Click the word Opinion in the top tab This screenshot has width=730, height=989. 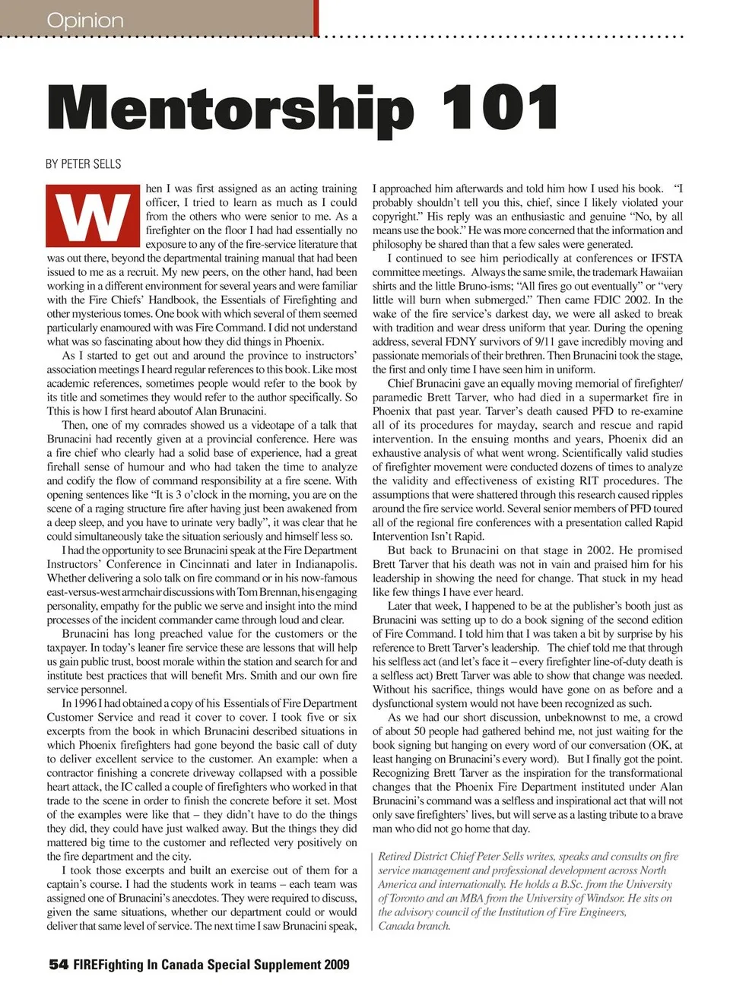(x=84, y=20)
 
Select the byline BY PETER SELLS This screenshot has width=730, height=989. (x=83, y=163)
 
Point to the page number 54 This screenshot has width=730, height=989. (x=58, y=965)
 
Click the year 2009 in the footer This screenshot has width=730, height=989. (x=336, y=965)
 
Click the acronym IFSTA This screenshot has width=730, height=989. (x=665, y=258)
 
